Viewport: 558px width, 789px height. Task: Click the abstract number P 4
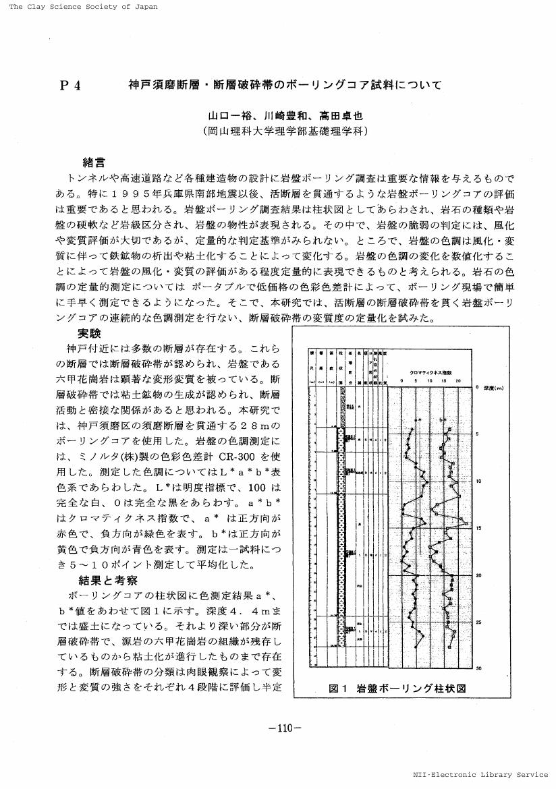[70, 85]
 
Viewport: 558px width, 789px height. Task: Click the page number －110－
[284, 728]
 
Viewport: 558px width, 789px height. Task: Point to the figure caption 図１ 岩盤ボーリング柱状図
[397, 688]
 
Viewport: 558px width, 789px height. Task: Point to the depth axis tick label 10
[478, 481]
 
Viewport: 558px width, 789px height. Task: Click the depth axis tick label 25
[478, 622]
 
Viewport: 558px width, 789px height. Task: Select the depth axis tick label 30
[478, 668]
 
